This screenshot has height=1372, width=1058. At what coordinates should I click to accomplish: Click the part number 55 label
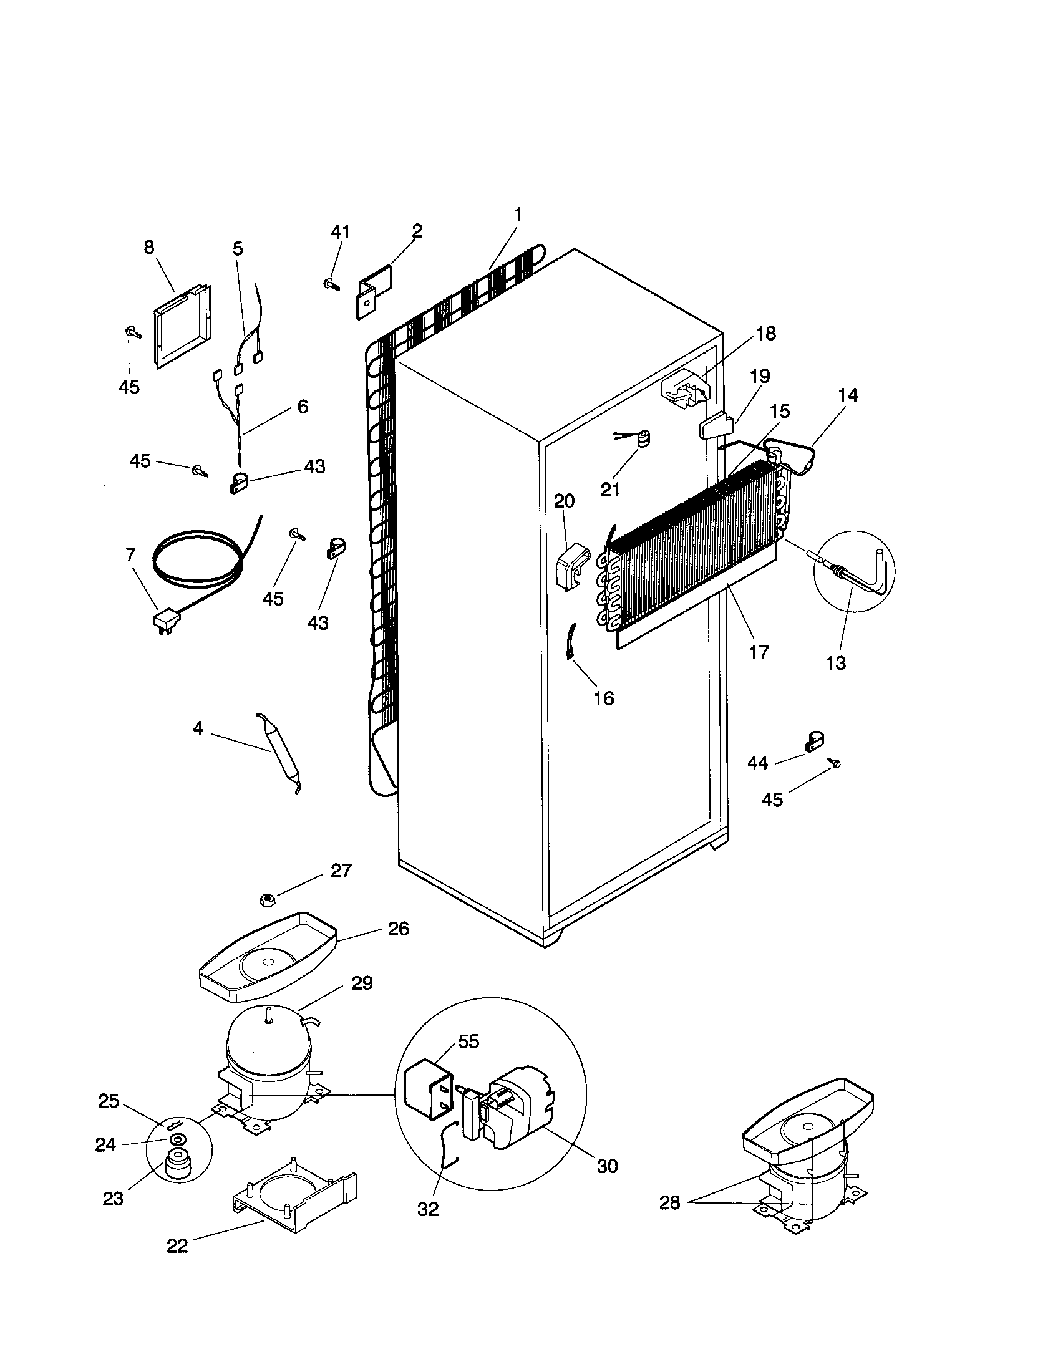pyautogui.click(x=468, y=1041)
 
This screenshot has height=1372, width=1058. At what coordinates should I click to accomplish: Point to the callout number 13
pyautogui.click(x=835, y=663)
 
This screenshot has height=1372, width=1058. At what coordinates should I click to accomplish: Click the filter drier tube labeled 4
pyautogui.click(x=278, y=752)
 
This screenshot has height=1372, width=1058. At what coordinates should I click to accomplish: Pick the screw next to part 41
pyautogui.click(x=331, y=284)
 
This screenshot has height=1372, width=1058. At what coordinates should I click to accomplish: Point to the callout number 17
pyautogui.click(x=759, y=652)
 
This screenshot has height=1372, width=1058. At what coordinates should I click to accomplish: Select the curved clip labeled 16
pyautogui.click(x=572, y=640)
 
